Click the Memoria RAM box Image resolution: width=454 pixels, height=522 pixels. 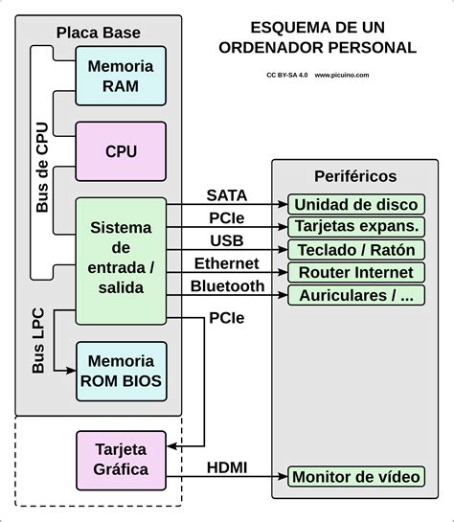point(120,76)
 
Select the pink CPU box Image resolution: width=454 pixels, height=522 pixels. point(120,151)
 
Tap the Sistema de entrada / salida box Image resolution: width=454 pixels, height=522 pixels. point(120,258)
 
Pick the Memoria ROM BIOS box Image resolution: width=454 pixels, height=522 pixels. point(120,372)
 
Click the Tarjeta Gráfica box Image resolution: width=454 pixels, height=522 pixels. point(121,459)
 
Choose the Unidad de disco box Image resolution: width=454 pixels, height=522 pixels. point(354,205)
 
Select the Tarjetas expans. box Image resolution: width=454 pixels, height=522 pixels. point(354,227)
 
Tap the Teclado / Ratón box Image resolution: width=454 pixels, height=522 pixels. point(354,249)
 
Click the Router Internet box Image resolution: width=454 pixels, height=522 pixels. point(354,272)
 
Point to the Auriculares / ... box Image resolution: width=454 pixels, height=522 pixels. point(354,295)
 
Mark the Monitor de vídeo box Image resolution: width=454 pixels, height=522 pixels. point(354,477)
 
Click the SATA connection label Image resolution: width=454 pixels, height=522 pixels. point(227,194)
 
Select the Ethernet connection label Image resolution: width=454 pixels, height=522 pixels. point(227,262)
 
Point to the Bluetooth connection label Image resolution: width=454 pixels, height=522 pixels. point(227,285)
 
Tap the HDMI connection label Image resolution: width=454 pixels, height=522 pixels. point(227,466)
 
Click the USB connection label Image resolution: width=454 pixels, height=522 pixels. point(227,239)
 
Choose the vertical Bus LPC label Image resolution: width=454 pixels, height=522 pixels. point(38,340)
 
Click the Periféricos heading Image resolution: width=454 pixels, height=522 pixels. point(354,176)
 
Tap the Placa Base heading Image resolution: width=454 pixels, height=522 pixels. point(99,33)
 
